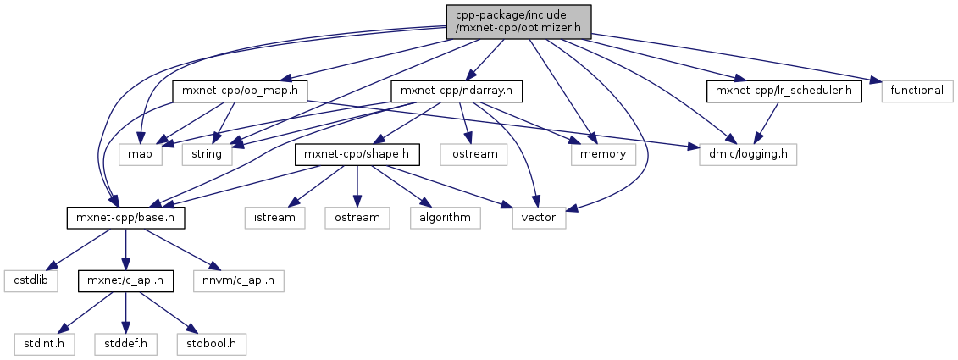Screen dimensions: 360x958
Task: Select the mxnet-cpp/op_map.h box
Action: [x=239, y=91]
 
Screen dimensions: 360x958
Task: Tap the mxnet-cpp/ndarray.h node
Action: [x=457, y=91]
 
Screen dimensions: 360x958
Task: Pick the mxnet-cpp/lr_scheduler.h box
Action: [x=783, y=91]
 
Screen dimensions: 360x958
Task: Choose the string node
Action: [x=206, y=154]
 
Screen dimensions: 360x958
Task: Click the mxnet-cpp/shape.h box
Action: [x=357, y=154]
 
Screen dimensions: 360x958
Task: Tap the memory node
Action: [x=603, y=154]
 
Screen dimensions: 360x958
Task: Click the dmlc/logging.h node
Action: [x=748, y=154]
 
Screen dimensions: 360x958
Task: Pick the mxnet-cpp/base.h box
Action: [x=125, y=218]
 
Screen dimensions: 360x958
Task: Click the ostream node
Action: [x=356, y=218]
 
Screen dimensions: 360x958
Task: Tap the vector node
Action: [x=540, y=218]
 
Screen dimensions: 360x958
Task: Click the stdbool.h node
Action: [x=212, y=344]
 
